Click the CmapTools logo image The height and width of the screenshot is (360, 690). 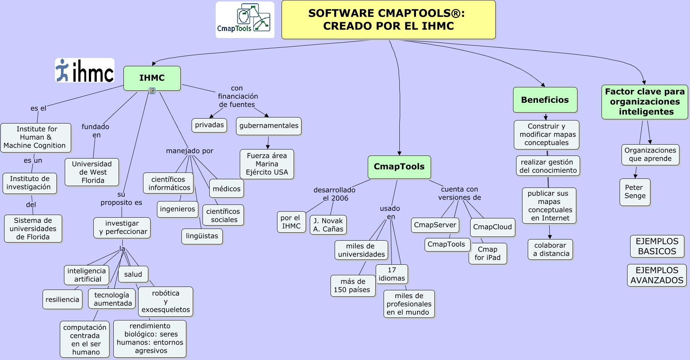pos(245,20)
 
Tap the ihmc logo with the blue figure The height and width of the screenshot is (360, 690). pos(85,70)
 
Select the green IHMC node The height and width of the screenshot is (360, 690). pos(152,78)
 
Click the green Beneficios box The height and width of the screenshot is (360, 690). pos(545,100)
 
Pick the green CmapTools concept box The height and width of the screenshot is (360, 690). pos(399,167)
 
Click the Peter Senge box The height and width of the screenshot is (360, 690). pos(635,192)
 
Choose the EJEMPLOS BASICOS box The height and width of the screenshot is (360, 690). pos(657,246)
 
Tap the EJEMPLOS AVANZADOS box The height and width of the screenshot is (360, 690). pos(656,275)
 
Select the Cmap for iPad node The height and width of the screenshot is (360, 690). pos(487,253)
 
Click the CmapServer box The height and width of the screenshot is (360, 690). pos(435,225)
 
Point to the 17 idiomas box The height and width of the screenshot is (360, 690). pos(391,274)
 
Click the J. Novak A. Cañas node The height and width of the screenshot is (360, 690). pos(328,225)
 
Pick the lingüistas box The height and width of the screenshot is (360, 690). pos(202,236)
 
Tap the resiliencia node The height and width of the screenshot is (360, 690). pos(62,299)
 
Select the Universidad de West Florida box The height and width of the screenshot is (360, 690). pos(92,172)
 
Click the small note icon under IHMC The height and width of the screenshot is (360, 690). pos(152,91)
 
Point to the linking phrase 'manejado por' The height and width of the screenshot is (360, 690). pos(189,151)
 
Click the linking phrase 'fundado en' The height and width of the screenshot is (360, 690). pos(96,131)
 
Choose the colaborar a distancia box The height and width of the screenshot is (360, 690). pos(550,249)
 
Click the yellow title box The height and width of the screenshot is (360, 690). pos(388,20)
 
